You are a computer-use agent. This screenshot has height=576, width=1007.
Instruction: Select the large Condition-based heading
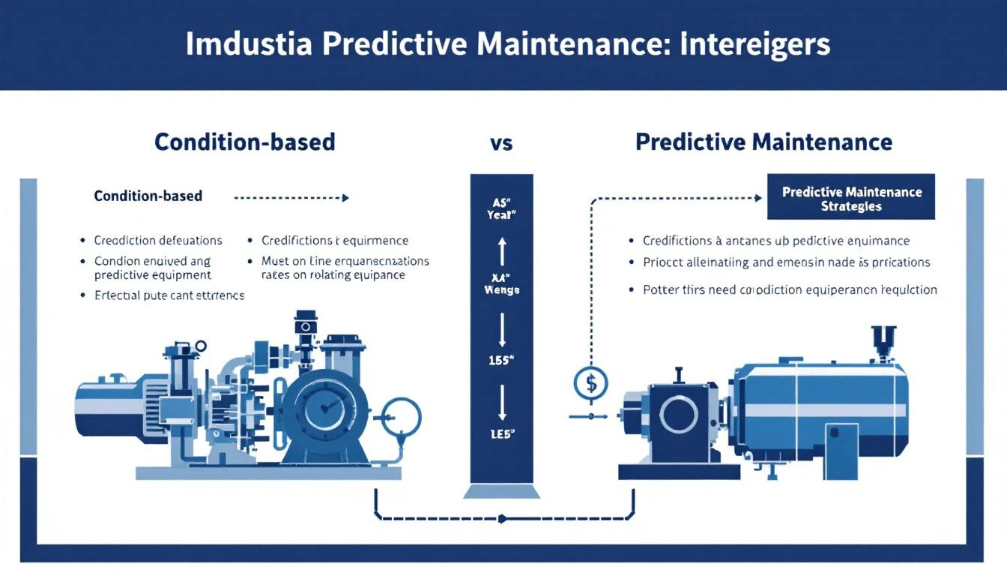pos(245,142)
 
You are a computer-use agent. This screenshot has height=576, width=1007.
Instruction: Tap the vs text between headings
pos(501,142)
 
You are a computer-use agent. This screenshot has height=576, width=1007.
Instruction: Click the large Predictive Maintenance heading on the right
pos(763,142)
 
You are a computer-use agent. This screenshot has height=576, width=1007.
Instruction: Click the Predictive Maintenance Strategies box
pos(851,199)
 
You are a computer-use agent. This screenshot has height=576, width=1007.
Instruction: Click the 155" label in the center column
pos(501,360)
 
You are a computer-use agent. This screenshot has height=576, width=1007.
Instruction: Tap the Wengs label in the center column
pos(501,289)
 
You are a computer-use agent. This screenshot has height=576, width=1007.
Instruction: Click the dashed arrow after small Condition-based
pos(292,198)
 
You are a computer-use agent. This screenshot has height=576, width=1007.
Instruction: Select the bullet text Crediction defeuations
pos(158,241)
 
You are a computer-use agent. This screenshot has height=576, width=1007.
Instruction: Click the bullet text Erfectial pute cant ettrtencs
pos(169,295)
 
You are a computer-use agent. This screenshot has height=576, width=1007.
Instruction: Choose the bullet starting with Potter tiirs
pos(790,289)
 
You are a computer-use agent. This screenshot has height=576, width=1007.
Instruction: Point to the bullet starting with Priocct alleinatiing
pos(786,262)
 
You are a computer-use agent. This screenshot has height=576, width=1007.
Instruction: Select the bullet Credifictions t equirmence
pos(335,241)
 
